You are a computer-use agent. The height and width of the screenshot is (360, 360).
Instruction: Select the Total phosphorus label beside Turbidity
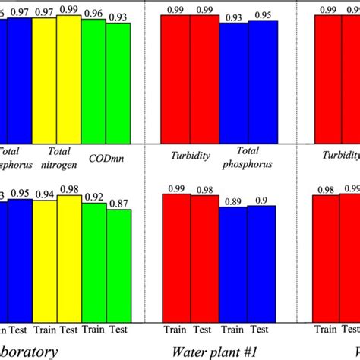tap(248, 157)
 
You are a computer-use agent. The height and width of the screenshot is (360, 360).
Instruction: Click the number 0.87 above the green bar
tap(118, 204)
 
